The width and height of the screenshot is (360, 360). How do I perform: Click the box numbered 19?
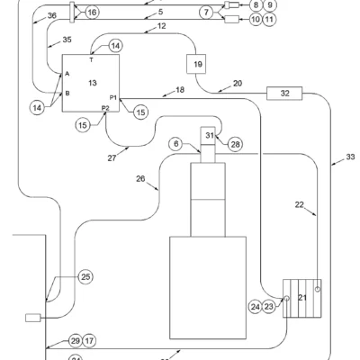[196, 64]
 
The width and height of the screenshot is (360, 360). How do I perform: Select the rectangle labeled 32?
[284, 94]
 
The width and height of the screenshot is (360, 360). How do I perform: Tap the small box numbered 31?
[208, 136]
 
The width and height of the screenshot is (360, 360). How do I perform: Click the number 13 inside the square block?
[93, 83]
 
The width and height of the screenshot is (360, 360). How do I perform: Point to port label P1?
[113, 97]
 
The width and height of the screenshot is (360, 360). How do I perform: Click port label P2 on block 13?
[105, 108]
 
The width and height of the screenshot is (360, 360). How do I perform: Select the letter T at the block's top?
[91, 60]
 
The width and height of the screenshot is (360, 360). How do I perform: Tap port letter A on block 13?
[67, 74]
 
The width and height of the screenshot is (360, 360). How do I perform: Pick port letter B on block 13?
[67, 94]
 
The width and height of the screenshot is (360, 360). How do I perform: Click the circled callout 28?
[235, 144]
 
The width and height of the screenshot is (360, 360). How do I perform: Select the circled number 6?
[176, 144]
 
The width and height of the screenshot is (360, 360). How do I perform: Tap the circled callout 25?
[85, 276]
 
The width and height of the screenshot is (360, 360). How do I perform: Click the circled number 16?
[93, 13]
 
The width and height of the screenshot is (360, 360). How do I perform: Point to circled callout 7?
[206, 13]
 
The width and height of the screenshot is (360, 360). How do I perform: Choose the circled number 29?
[75, 341]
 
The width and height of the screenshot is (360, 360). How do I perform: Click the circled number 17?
[89, 341]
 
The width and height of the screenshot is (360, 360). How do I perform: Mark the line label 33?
[350, 157]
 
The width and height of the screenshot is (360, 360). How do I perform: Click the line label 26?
[140, 179]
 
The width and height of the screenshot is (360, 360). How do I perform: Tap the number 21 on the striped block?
[302, 297]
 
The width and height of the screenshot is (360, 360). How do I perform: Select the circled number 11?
[269, 20]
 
